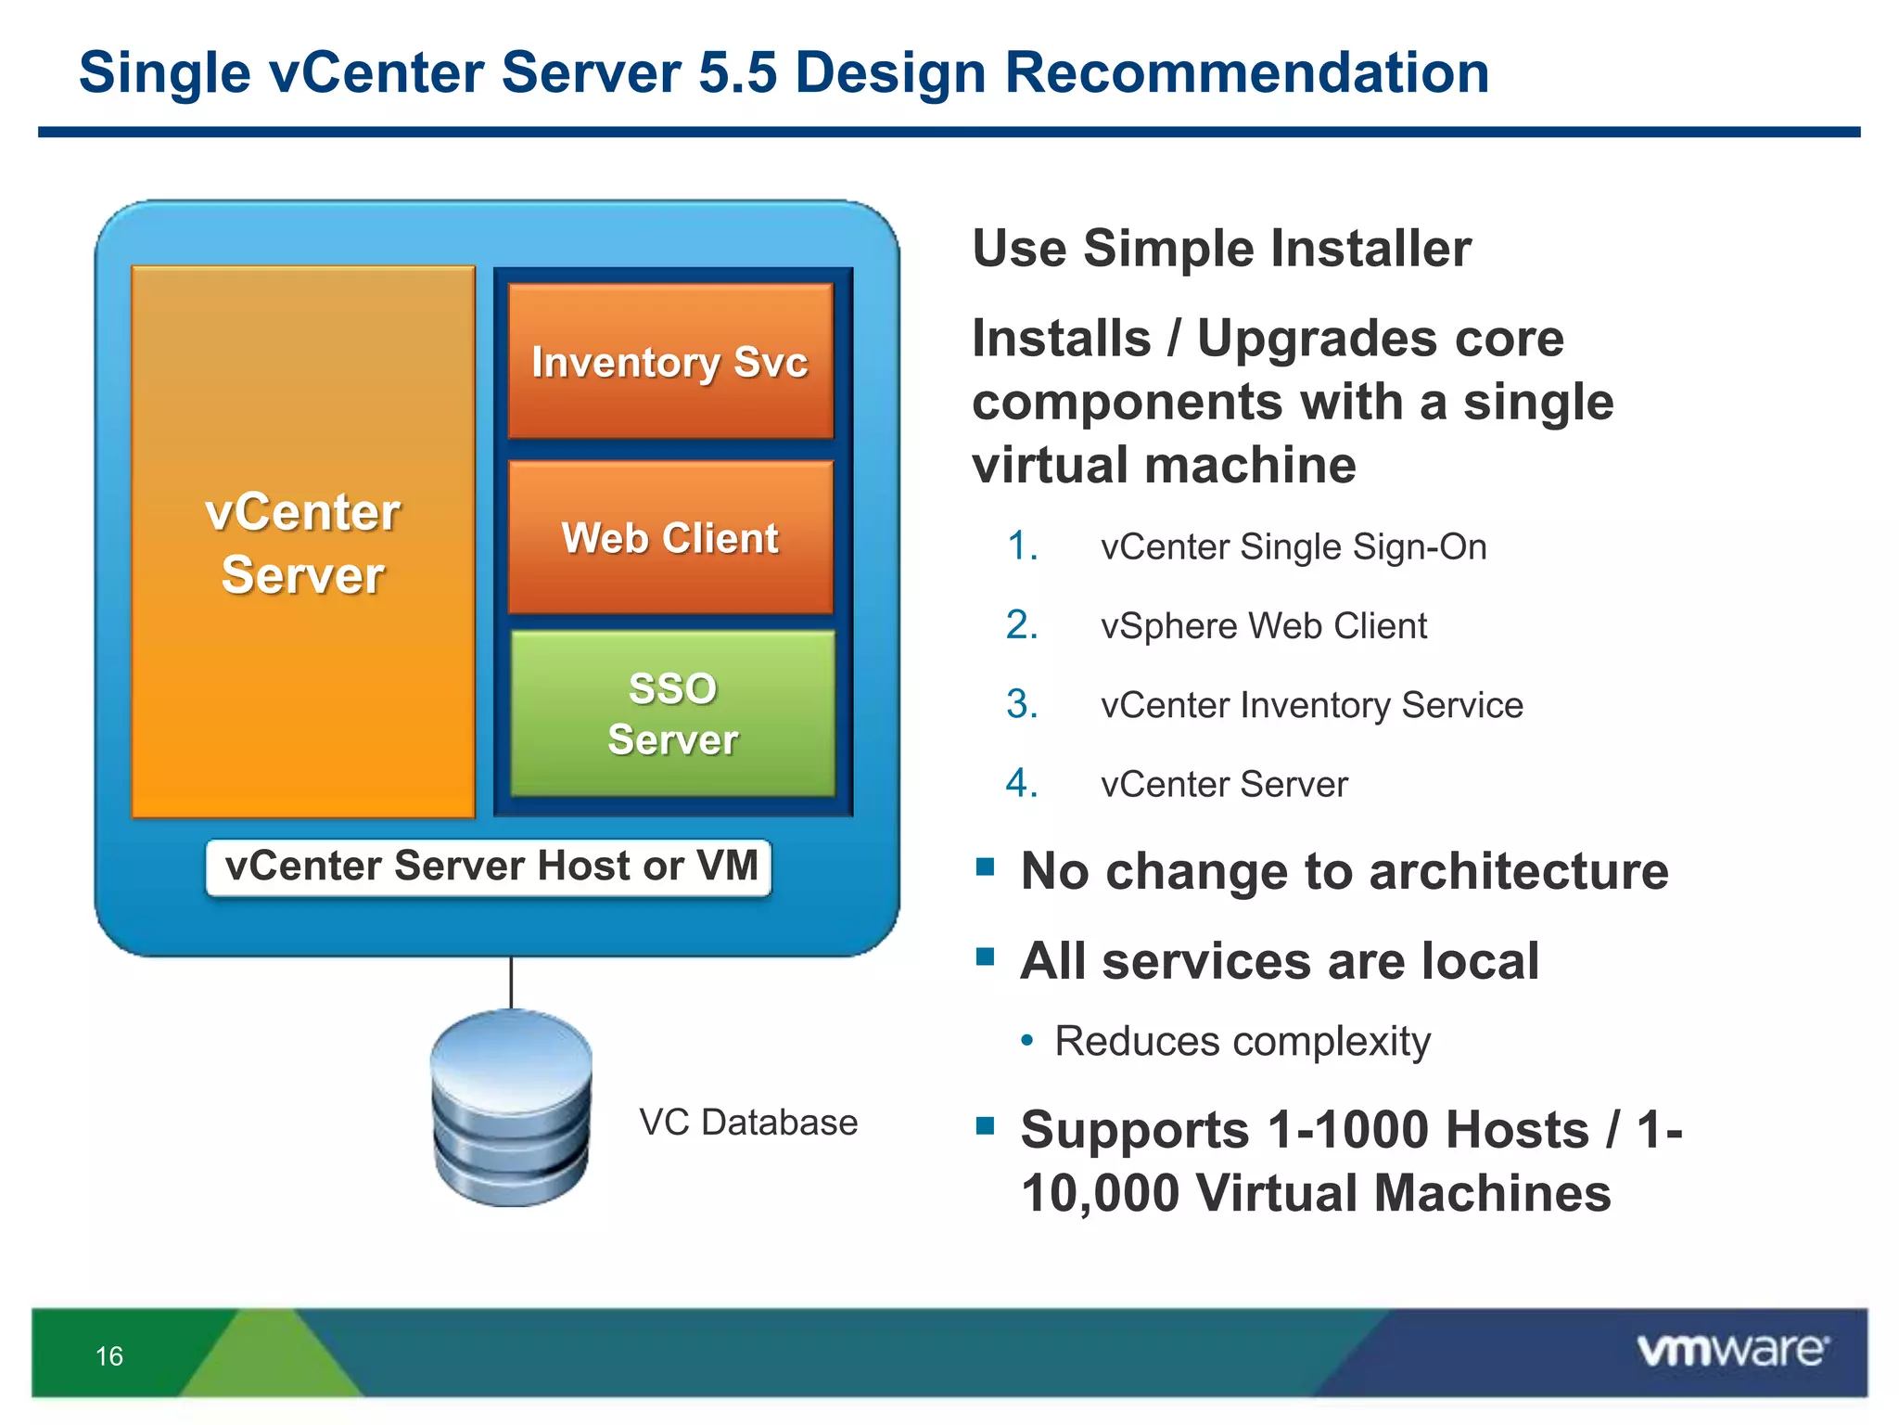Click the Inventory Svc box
670,361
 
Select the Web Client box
670,537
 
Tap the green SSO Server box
672,712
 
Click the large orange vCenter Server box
303,543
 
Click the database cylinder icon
511,1109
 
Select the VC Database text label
748,1123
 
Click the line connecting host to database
511,982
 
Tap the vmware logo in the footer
1732,1350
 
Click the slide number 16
109,1356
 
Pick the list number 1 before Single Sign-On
1022,546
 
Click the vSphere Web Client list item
1263,626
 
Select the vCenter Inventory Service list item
1311,705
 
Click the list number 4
1022,784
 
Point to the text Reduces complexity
1243,1041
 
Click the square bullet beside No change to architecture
985,868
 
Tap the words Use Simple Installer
1221,249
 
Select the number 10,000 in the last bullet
1100,1193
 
